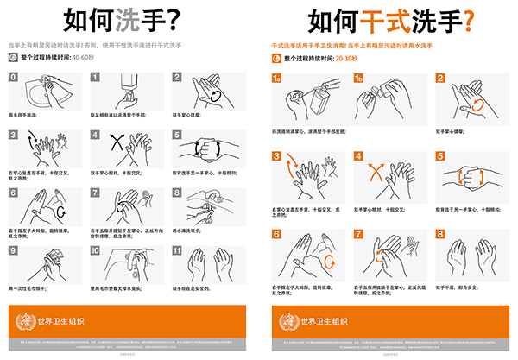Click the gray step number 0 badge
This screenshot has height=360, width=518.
pyautogui.click(x=13, y=78)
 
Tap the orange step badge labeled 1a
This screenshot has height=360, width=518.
pyautogui.click(x=277, y=78)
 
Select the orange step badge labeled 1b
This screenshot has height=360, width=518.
pyautogui.click(x=360, y=78)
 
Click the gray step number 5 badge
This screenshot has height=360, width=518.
pyautogui.click(x=177, y=135)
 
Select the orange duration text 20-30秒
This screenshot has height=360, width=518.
pyautogui.click(x=348, y=58)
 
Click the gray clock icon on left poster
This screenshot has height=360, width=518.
pyautogui.click(x=12, y=58)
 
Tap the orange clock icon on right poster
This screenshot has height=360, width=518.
pyautogui.click(x=276, y=58)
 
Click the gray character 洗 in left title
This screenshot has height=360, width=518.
pyautogui.click(x=104, y=20)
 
